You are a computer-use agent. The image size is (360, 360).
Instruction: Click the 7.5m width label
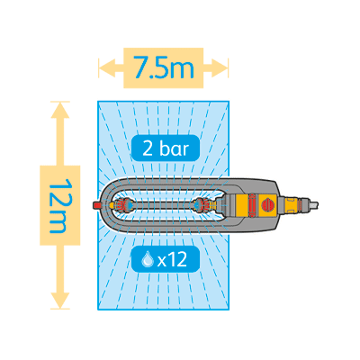coord(164,67)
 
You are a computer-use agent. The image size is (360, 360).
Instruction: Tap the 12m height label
coord(59,205)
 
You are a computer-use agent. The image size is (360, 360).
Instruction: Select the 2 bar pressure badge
coord(166,148)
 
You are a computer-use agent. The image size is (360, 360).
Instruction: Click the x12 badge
coord(166,259)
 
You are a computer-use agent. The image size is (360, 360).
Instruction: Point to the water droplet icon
coord(148,259)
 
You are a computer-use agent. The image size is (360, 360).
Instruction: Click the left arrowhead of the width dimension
coord(107,68)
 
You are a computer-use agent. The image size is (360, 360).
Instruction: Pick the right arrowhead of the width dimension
coord(220,68)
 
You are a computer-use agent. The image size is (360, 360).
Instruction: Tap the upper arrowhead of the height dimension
coord(60,110)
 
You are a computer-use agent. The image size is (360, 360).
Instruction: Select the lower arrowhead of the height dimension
coord(60,301)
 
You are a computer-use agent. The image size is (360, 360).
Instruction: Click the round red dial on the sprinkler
coord(268,205)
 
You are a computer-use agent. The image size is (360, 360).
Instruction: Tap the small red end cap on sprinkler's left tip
coord(97,205)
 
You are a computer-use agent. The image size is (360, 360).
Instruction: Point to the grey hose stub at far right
coord(313,205)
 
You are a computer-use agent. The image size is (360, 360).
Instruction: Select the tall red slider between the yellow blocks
coord(252,205)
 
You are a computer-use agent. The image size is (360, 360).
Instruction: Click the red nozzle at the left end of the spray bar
coord(121,205)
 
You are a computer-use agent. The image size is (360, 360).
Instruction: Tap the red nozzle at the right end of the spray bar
coord(205,205)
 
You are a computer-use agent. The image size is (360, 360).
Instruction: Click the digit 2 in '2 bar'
coord(148,149)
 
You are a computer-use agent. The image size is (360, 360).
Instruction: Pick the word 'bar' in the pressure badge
coord(175,148)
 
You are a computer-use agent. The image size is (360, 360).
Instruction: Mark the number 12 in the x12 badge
coord(177,260)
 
